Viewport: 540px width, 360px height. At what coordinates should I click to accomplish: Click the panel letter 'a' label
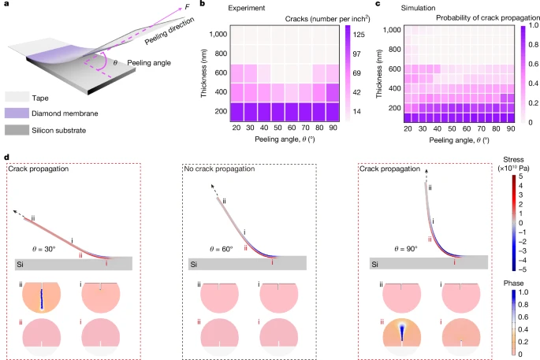(6, 6)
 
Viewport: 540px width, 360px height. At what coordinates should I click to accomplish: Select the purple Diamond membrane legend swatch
(16, 113)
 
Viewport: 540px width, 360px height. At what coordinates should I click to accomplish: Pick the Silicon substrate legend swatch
(16, 129)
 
